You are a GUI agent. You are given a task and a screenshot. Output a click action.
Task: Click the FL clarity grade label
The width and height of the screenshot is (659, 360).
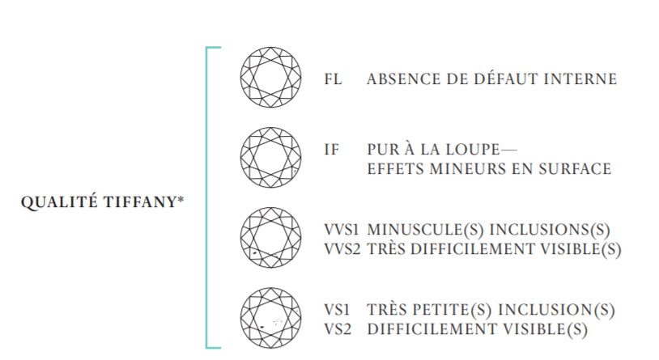pos(333,79)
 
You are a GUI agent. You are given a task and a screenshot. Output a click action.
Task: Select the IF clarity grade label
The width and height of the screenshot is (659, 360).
pos(331,150)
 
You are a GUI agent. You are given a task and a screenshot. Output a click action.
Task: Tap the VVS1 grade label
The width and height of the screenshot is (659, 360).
pos(341,231)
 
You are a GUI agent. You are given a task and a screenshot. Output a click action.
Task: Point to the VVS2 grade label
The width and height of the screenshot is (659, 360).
pos(341,250)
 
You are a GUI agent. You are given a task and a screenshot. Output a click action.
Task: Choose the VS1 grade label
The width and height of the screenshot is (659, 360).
pos(336,310)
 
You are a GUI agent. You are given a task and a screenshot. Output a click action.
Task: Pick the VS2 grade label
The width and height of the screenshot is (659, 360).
pos(336,329)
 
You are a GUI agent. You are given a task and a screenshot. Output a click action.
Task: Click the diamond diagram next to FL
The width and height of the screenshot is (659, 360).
pos(270,78)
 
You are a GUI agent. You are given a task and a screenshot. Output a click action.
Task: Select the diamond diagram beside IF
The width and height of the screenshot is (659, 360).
pos(270,159)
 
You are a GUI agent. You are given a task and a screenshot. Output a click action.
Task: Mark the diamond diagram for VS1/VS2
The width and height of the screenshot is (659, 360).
pos(270,319)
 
